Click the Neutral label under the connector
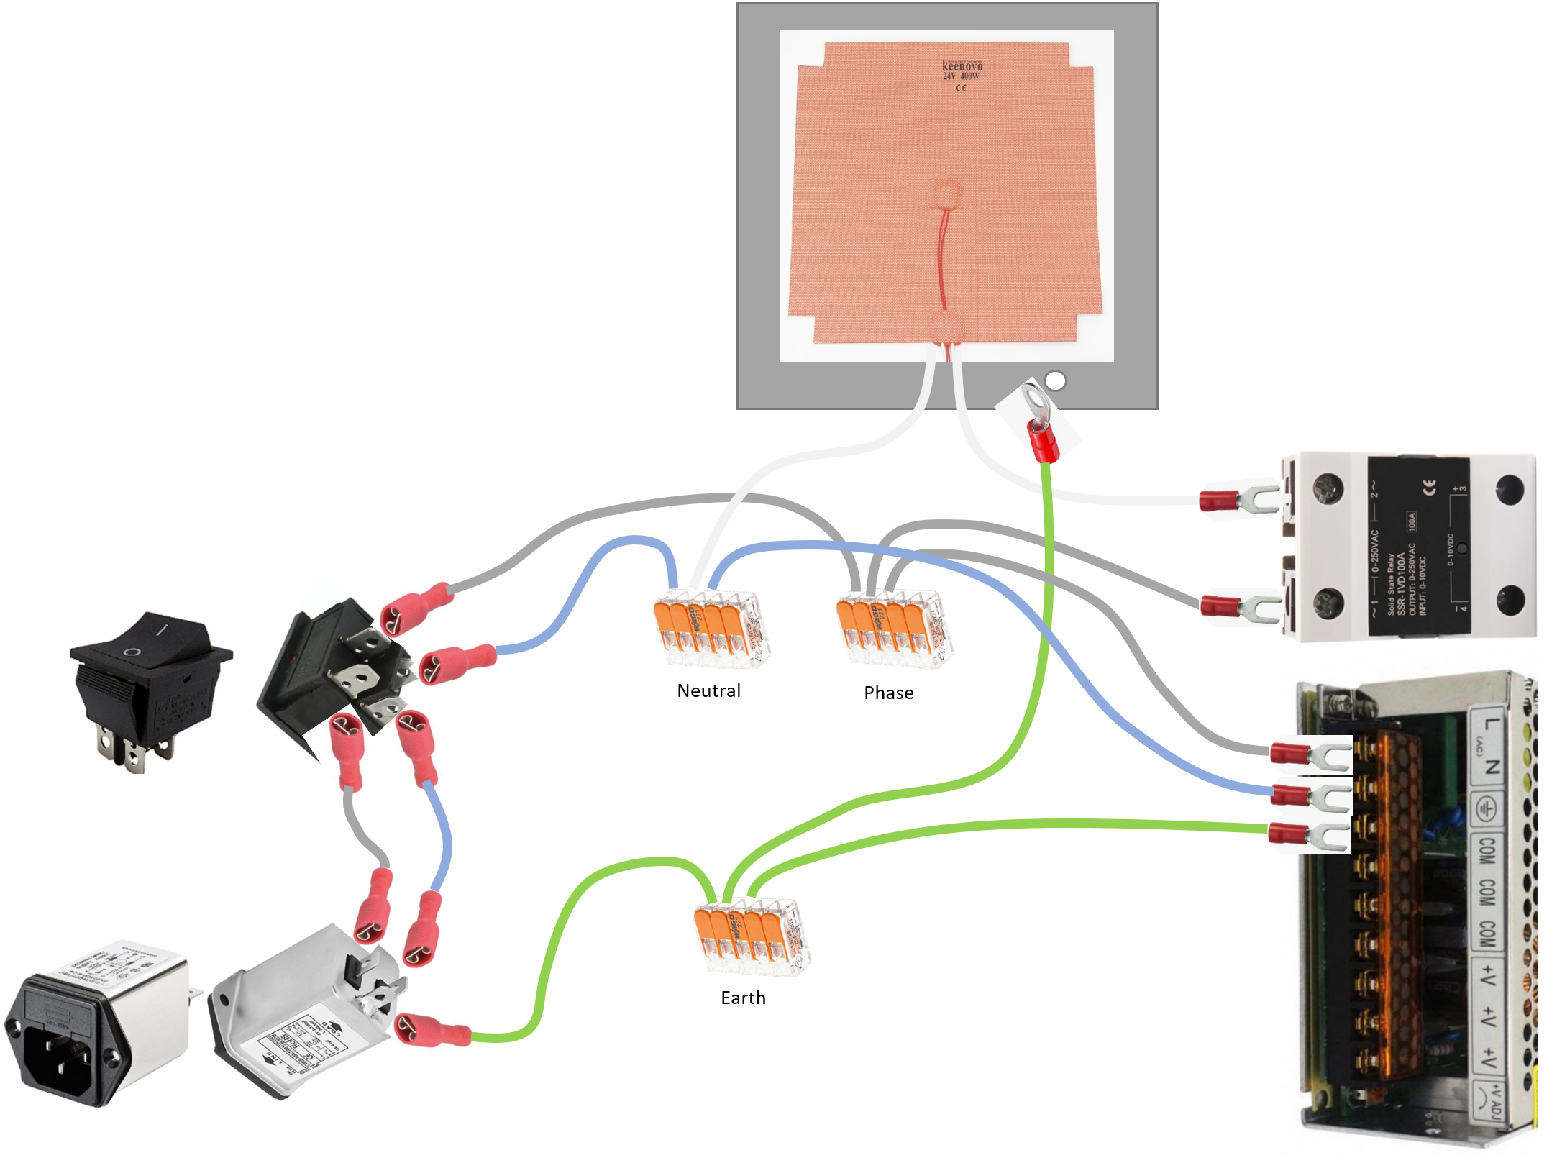tap(708, 690)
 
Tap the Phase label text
tap(888, 693)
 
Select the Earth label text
tap(743, 998)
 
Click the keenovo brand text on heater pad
tap(962, 66)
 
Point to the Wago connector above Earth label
tap(752, 936)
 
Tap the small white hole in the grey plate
tap(1055, 380)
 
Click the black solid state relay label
tap(1417, 546)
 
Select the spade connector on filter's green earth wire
tap(432, 1030)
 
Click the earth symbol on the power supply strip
tap(1485, 808)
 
